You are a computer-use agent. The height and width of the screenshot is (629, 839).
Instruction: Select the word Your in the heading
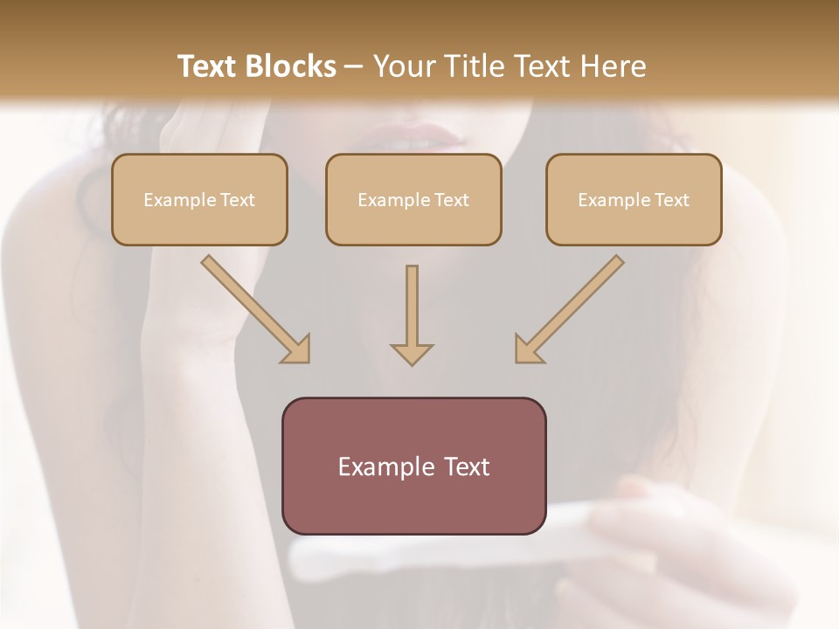[x=403, y=66]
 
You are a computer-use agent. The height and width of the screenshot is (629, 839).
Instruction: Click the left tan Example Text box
[x=199, y=199]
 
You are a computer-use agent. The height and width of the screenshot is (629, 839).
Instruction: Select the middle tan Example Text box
[x=413, y=199]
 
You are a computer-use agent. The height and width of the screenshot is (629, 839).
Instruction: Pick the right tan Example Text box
[x=634, y=199]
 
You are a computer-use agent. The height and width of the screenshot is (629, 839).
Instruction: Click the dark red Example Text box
[x=413, y=466]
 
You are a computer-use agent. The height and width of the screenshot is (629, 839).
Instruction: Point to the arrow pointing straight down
[x=412, y=314]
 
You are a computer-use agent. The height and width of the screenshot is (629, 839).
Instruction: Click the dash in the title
[x=354, y=67]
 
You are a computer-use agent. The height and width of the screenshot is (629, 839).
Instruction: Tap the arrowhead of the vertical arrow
[x=412, y=353]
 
